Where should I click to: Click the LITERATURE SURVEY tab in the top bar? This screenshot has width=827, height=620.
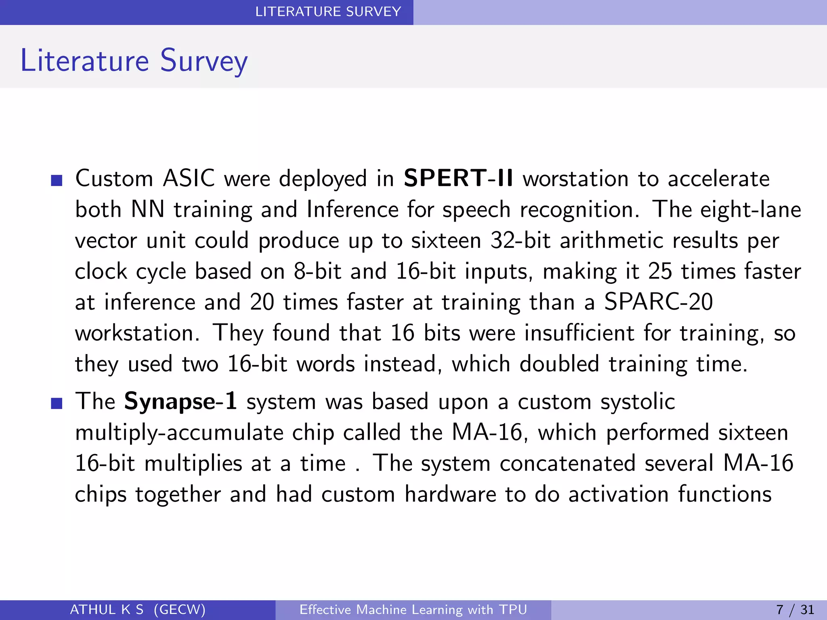(x=328, y=12)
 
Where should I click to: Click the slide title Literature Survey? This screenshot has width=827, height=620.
(x=134, y=61)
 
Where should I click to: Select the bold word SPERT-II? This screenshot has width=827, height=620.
(x=458, y=178)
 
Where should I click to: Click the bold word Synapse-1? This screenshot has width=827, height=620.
(x=181, y=402)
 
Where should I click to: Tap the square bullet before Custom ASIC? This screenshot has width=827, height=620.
(x=57, y=180)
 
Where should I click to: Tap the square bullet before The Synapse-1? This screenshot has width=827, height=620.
(x=57, y=403)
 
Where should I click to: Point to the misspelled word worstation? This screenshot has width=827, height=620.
(x=575, y=179)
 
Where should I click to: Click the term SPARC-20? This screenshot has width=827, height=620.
(x=658, y=302)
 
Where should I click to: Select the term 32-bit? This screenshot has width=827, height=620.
(x=520, y=241)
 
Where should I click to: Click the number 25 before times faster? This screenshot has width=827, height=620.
(x=660, y=271)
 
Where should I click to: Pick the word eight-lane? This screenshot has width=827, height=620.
(x=750, y=210)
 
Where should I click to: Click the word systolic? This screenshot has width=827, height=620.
(x=637, y=402)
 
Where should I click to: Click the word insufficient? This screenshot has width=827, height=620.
(x=579, y=333)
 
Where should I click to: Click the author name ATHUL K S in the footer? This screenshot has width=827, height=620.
(x=107, y=610)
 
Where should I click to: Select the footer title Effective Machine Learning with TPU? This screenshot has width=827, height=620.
(x=413, y=610)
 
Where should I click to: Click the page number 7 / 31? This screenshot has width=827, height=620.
(x=795, y=610)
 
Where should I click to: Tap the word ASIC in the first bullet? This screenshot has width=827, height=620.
(x=189, y=179)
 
